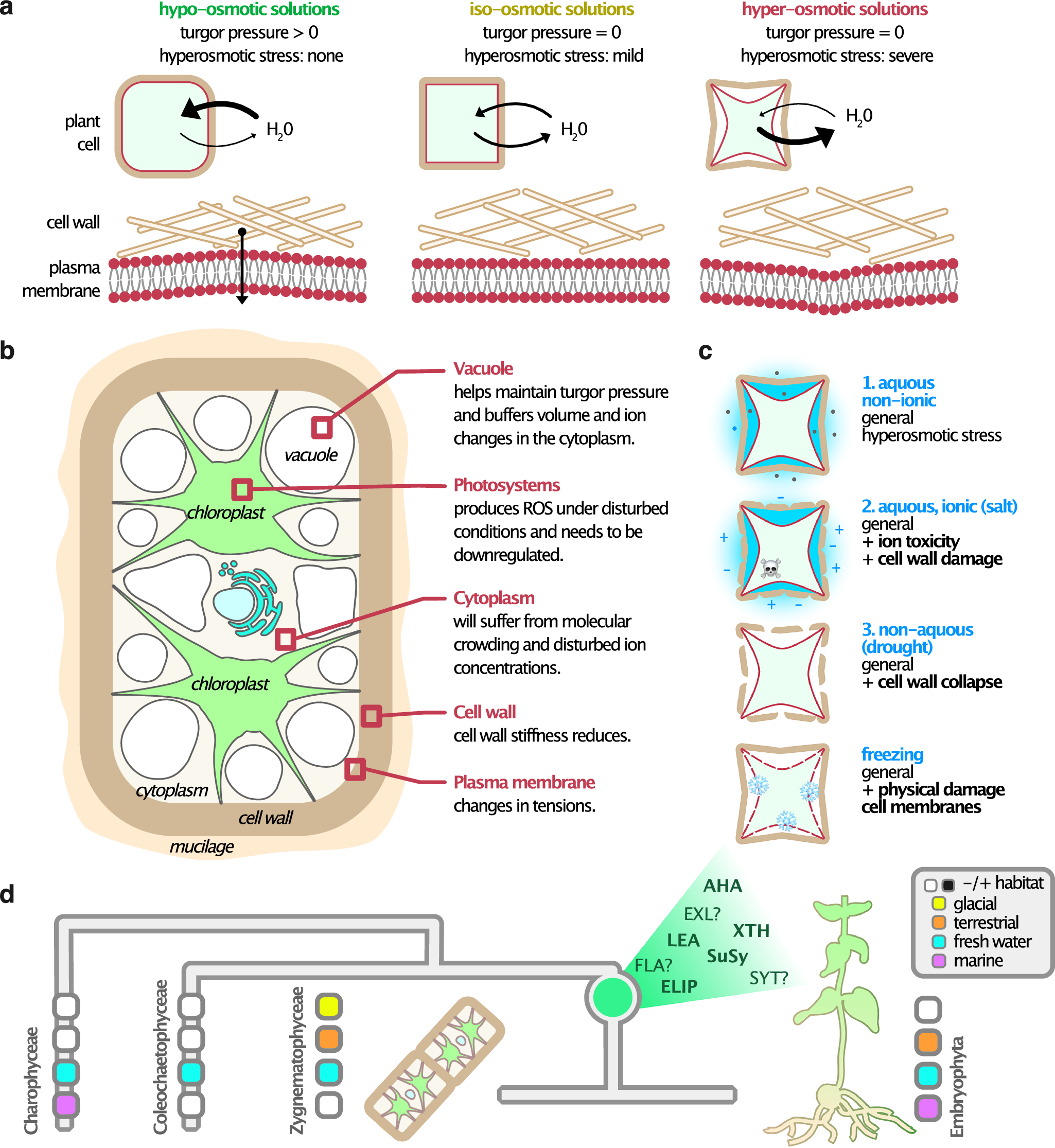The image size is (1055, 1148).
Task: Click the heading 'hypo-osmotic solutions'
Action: tap(249, 10)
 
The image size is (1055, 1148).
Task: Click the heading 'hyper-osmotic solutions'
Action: tap(834, 10)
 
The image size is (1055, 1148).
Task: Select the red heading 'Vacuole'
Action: tap(483, 368)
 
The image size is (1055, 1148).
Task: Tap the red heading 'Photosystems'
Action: tap(506, 485)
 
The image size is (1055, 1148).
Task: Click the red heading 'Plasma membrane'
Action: tap(523, 782)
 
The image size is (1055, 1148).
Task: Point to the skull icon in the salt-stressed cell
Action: tap(770, 568)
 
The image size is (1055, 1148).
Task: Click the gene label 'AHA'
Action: tap(722, 886)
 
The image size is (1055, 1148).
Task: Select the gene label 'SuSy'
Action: tap(727, 956)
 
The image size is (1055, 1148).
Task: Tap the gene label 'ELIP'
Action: tap(679, 986)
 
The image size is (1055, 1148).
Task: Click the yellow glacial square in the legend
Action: tap(939, 904)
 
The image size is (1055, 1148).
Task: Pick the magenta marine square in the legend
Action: tap(939, 961)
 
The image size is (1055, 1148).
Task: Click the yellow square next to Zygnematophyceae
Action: tap(329, 1006)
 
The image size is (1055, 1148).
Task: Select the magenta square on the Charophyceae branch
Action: tap(66, 1105)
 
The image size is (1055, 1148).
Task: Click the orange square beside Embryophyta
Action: tap(928, 1043)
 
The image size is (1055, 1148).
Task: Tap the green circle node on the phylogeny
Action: tap(612, 997)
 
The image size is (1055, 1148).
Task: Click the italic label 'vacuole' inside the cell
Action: tap(310, 455)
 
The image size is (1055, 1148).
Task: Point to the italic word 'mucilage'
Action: tap(202, 846)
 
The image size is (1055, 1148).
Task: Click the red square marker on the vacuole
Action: tap(322, 427)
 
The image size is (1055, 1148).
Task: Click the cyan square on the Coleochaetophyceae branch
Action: tap(191, 1072)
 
